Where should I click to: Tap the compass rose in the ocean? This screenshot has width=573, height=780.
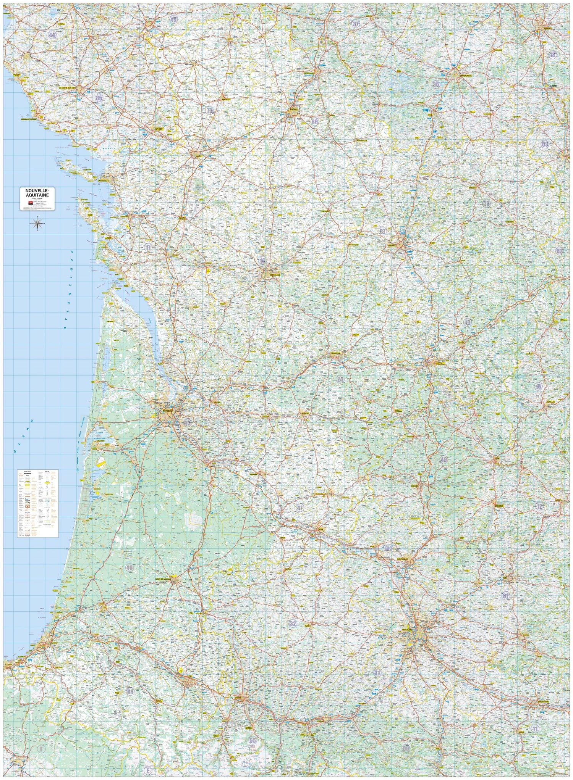point(37,224)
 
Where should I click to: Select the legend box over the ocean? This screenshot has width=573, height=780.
point(37,503)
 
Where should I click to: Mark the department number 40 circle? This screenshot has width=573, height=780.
point(129,568)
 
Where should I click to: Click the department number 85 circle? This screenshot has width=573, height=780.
point(100,98)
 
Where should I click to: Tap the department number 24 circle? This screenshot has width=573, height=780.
point(340,379)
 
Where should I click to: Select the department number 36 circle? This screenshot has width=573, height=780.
point(436,84)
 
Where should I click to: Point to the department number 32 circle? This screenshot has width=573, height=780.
point(293,624)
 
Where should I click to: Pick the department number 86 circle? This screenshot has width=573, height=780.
point(314,122)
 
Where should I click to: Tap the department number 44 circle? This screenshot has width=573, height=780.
point(52,35)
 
